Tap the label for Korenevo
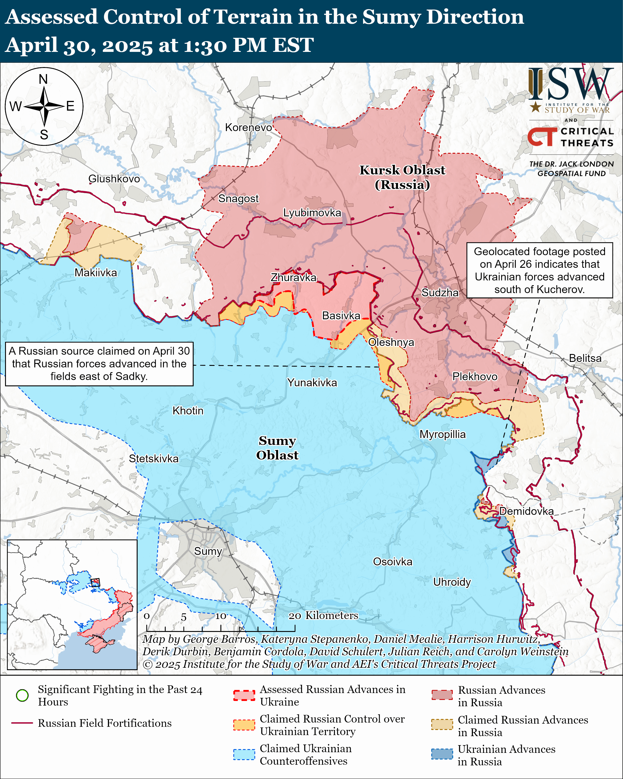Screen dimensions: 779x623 pyautogui.click(x=249, y=128)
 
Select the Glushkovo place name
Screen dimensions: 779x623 pyautogui.click(x=114, y=179)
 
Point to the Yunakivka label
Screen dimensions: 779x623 pyautogui.click(x=312, y=382)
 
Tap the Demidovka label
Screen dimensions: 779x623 pyautogui.click(x=526, y=511)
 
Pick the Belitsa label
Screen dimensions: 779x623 pyautogui.click(x=585, y=358)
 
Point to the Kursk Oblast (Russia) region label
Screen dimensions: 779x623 pyautogui.click(x=402, y=177)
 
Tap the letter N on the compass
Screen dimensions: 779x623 pyautogui.click(x=43, y=79)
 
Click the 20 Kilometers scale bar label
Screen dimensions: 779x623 pyautogui.click(x=323, y=615)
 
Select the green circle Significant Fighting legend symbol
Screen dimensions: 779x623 pyautogui.click(x=22, y=695)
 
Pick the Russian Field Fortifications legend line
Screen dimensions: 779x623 pyautogui.click(x=22, y=723)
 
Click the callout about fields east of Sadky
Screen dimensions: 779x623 pyautogui.click(x=99, y=364)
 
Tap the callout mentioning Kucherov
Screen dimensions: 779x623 pyautogui.click(x=539, y=270)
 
